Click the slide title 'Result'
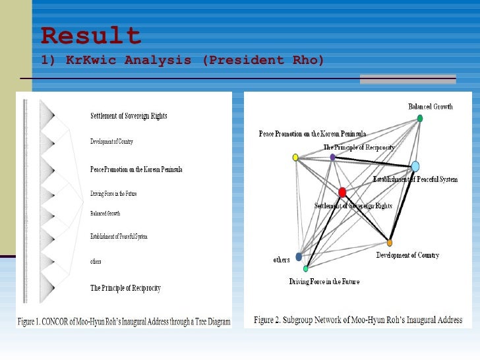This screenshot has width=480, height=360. (x=91, y=36)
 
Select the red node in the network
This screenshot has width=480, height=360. (x=342, y=193)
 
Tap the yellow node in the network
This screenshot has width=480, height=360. (x=295, y=157)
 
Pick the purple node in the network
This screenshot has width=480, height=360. (x=332, y=157)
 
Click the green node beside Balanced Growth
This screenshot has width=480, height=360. (x=420, y=119)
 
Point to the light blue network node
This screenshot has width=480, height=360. (x=415, y=166)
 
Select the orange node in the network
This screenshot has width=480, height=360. (x=390, y=243)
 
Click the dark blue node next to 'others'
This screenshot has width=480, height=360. (x=299, y=256)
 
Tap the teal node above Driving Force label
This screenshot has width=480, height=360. (x=306, y=269)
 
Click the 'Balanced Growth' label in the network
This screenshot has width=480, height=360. (x=431, y=107)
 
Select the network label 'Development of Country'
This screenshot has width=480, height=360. (x=407, y=255)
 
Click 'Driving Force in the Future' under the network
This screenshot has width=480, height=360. (x=324, y=282)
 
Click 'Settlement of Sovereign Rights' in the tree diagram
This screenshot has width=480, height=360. (x=129, y=116)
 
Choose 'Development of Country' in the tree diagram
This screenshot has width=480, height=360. (x=111, y=142)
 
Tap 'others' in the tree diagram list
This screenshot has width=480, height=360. (x=96, y=262)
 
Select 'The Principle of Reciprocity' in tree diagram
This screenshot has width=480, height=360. (x=125, y=288)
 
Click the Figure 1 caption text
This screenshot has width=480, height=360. (x=124, y=322)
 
